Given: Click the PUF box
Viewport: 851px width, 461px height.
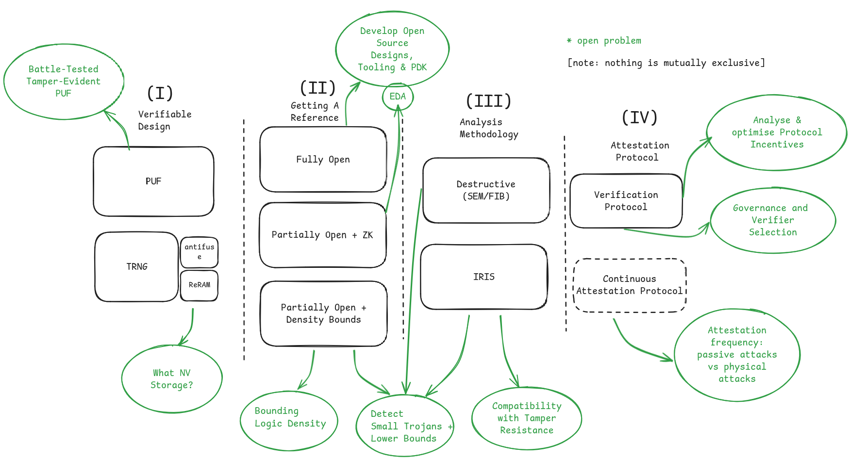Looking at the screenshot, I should (x=153, y=181).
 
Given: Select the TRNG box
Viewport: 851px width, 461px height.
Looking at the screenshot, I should (x=136, y=266).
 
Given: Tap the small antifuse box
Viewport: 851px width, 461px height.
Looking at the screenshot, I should (x=199, y=252).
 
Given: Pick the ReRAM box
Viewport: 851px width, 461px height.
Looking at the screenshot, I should (x=199, y=285).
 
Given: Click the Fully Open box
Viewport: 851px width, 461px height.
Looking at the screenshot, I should (x=323, y=160).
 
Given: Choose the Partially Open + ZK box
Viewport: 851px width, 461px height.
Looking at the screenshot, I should (x=322, y=235).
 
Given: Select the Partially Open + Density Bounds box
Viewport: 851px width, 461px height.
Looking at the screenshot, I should (x=323, y=313).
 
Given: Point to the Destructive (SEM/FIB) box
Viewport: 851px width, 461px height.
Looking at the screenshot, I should (x=486, y=190).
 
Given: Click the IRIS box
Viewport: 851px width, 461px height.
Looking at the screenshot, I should (x=484, y=277).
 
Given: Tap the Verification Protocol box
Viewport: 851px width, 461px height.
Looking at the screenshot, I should (x=626, y=201).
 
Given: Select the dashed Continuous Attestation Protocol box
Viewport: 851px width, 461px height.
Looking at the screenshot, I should (x=629, y=285).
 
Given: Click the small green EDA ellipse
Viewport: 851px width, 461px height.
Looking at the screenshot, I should (x=398, y=97).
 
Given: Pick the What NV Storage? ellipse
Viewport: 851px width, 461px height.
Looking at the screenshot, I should (x=172, y=379).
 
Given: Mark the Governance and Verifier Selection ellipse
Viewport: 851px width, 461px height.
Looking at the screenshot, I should (x=772, y=220).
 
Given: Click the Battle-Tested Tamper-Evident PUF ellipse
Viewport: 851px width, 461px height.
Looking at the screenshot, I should (x=64, y=81).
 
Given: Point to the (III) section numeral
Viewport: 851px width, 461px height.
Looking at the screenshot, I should (x=488, y=101).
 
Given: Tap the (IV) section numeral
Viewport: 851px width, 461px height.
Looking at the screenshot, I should (x=639, y=117).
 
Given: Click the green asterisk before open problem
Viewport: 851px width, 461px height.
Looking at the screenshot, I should (x=569, y=41).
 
